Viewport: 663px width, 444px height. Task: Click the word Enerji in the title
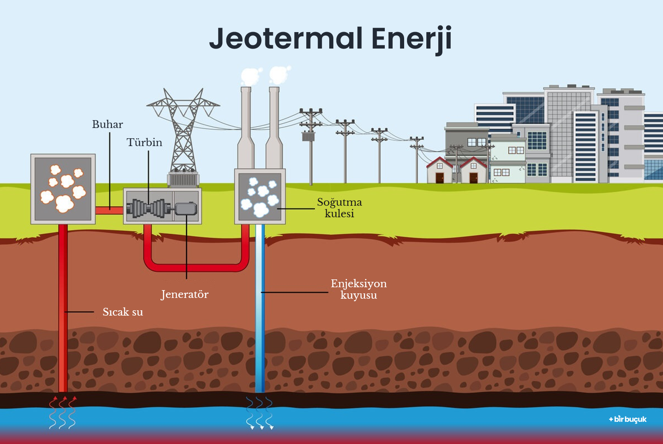(x=412, y=39)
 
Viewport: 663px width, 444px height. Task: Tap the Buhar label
(x=107, y=124)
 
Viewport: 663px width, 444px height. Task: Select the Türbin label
(x=144, y=142)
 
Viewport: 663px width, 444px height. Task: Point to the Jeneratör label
(x=184, y=294)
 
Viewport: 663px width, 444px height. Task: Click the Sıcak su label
(x=123, y=312)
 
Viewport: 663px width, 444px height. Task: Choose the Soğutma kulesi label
(x=340, y=208)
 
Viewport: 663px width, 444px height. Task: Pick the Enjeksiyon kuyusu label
(x=359, y=289)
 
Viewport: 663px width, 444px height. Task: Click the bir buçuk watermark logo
(x=628, y=419)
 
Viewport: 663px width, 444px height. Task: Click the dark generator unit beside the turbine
(x=186, y=209)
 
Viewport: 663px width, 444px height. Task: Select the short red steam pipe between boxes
(x=109, y=210)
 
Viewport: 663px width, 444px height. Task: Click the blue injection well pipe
(x=260, y=309)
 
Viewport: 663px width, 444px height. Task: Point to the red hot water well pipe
(x=63, y=309)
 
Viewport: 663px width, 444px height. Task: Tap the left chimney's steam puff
(x=250, y=77)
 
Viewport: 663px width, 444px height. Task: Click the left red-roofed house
(x=440, y=170)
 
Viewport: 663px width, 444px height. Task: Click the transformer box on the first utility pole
(x=308, y=136)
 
